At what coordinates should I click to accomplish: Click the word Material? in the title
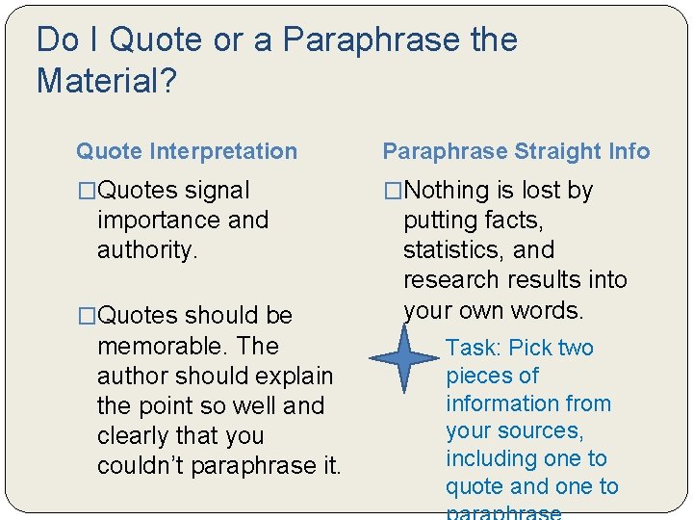click(x=106, y=81)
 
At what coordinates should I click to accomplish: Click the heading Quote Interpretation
click(x=187, y=151)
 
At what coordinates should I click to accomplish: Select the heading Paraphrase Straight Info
click(x=516, y=151)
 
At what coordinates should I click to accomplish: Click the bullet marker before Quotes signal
click(x=87, y=191)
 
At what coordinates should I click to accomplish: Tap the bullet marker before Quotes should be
click(x=87, y=316)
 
